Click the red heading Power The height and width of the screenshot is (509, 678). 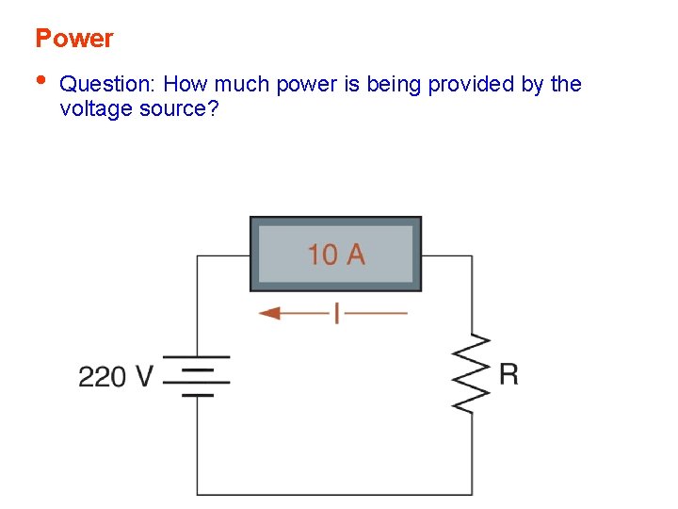pyautogui.click(x=73, y=39)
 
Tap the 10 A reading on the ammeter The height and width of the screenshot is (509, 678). pyautogui.click(x=336, y=254)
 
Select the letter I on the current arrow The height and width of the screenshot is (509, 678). pyautogui.click(x=335, y=312)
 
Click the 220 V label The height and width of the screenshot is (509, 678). pyautogui.click(x=115, y=377)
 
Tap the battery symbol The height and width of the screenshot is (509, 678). pyautogui.click(x=197, y=375)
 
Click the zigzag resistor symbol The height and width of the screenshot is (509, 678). pyautogui.click(x=472, y=373)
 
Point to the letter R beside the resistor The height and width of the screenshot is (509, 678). pyautogui.click(x=508, y=374)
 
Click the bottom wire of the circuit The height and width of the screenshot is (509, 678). pyautogui.click(x=334, y=493)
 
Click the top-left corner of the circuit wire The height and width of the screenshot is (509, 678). pyautogui.click(x=197, y=255)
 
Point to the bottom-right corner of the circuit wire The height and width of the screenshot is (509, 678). pyautogui.click(x=472, y=493)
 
